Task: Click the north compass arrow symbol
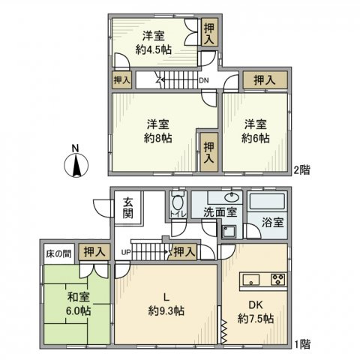point(77,163)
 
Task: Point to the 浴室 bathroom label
point(273,223)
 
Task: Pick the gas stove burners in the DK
point(277,280)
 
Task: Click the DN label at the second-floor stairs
point(203,79)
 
